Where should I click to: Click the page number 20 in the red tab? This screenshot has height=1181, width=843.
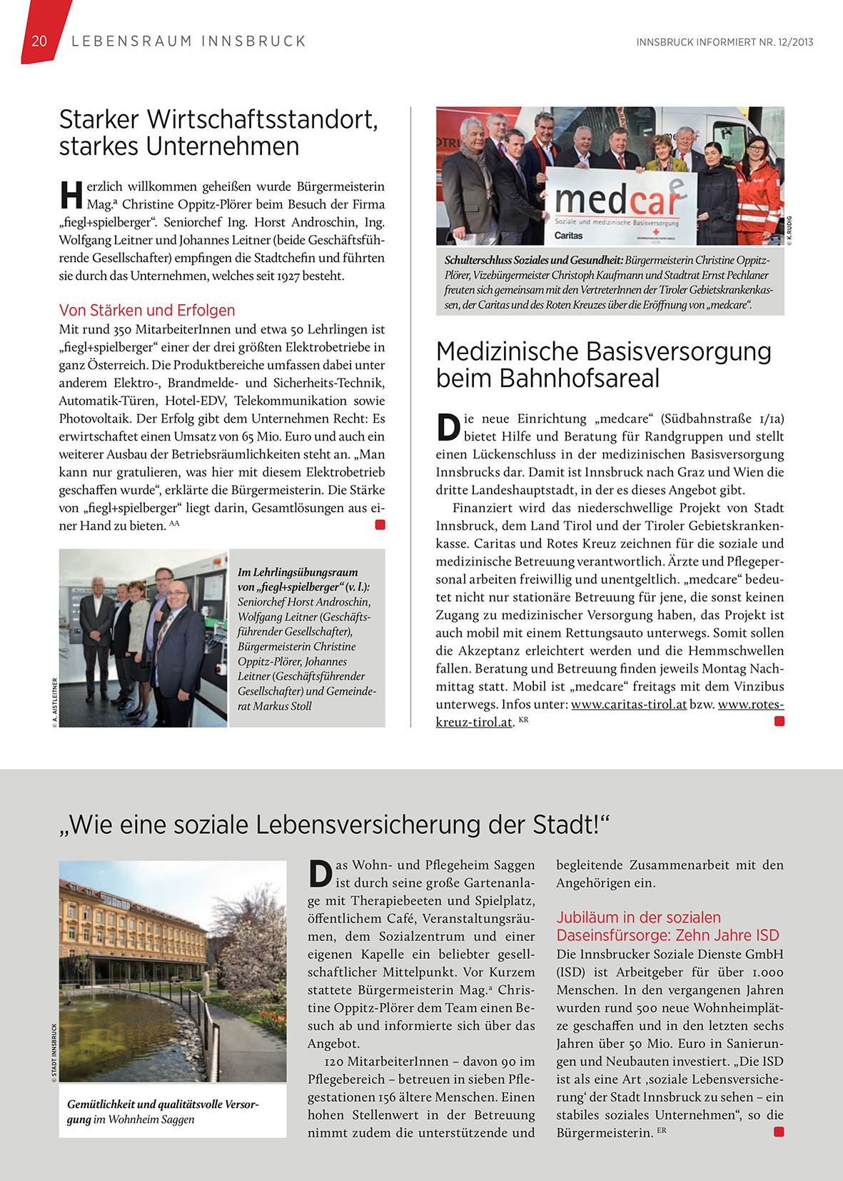click(39, 41)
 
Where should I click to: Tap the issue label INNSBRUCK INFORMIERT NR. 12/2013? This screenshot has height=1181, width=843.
click(725, 42)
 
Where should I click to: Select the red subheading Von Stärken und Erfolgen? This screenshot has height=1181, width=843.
click(147, 310)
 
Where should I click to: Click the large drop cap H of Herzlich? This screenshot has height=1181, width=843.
click(71, 195)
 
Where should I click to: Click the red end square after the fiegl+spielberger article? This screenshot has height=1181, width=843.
click(380, 525)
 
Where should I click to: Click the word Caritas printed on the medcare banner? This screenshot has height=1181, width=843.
click(569, 235)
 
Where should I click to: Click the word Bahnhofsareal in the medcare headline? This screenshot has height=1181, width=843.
click(547, 378)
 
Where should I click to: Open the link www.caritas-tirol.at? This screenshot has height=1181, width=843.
click(629, 704)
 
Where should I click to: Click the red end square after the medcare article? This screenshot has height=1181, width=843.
click(779, 721)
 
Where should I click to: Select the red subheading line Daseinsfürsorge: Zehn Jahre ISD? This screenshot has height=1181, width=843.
click(667, 935)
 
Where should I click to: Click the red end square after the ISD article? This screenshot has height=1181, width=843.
click(779, 1132)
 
